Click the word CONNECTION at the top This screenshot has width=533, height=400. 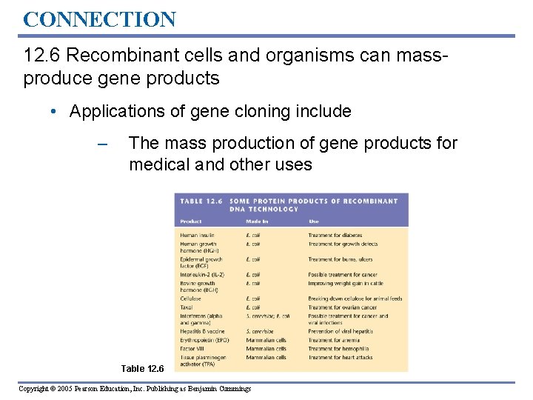point(99,19)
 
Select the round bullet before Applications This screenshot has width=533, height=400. point(55,112)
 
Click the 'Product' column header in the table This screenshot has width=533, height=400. point(191,221)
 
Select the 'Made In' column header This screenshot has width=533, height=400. point(257,221)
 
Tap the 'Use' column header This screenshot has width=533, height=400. point(314,221)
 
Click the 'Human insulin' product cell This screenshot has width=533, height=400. point(197,236)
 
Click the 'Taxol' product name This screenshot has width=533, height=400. point(187,307)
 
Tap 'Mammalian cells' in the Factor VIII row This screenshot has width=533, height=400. point(266,348)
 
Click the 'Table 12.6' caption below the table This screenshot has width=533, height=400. point(144,368)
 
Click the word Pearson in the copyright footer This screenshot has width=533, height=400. point(104,388)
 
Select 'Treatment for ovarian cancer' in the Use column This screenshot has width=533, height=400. point(342,307)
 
